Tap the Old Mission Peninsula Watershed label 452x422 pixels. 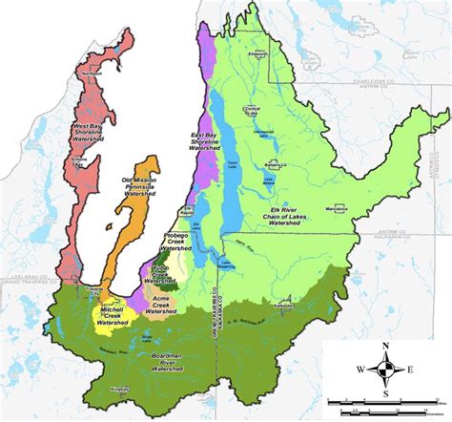coord(138,192)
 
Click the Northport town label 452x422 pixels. coord(92,73)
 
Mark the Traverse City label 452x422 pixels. coord(92,286)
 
